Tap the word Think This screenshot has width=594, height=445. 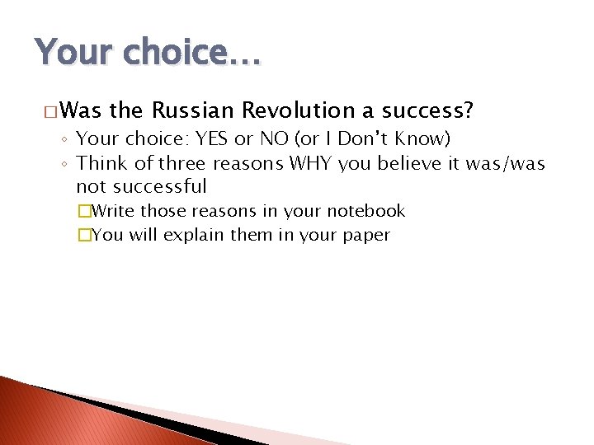coord(101,163)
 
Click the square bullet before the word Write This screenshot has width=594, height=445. coord(82,211)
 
